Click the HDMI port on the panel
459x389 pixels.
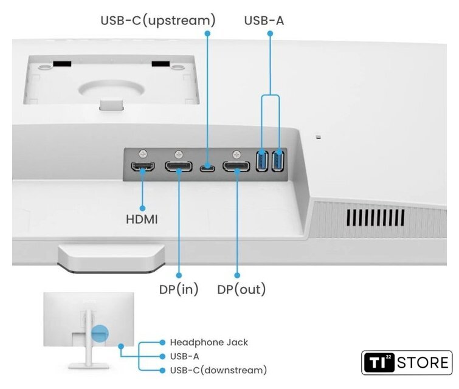coord(143,167)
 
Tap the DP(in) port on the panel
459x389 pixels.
coord(179,167)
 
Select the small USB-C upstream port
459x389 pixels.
coord(207,167)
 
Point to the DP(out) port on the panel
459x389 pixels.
coord(236,167)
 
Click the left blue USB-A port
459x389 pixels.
coord(263,161)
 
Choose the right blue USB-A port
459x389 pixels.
coord(278,161)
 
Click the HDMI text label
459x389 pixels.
coord(142,219)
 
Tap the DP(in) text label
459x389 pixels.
coord(179,289)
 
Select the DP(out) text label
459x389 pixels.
coord(241,289)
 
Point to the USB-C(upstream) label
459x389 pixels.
coord(158,21)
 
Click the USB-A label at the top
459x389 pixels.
coord(264,21)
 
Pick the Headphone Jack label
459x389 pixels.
coord(209,342)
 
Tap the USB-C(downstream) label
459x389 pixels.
coord(218,370)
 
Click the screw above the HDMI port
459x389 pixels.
coord(143,154)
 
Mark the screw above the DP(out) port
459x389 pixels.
coord(236,154)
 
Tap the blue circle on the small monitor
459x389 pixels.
coord(99,332)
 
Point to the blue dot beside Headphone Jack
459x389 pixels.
coord(162,342)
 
